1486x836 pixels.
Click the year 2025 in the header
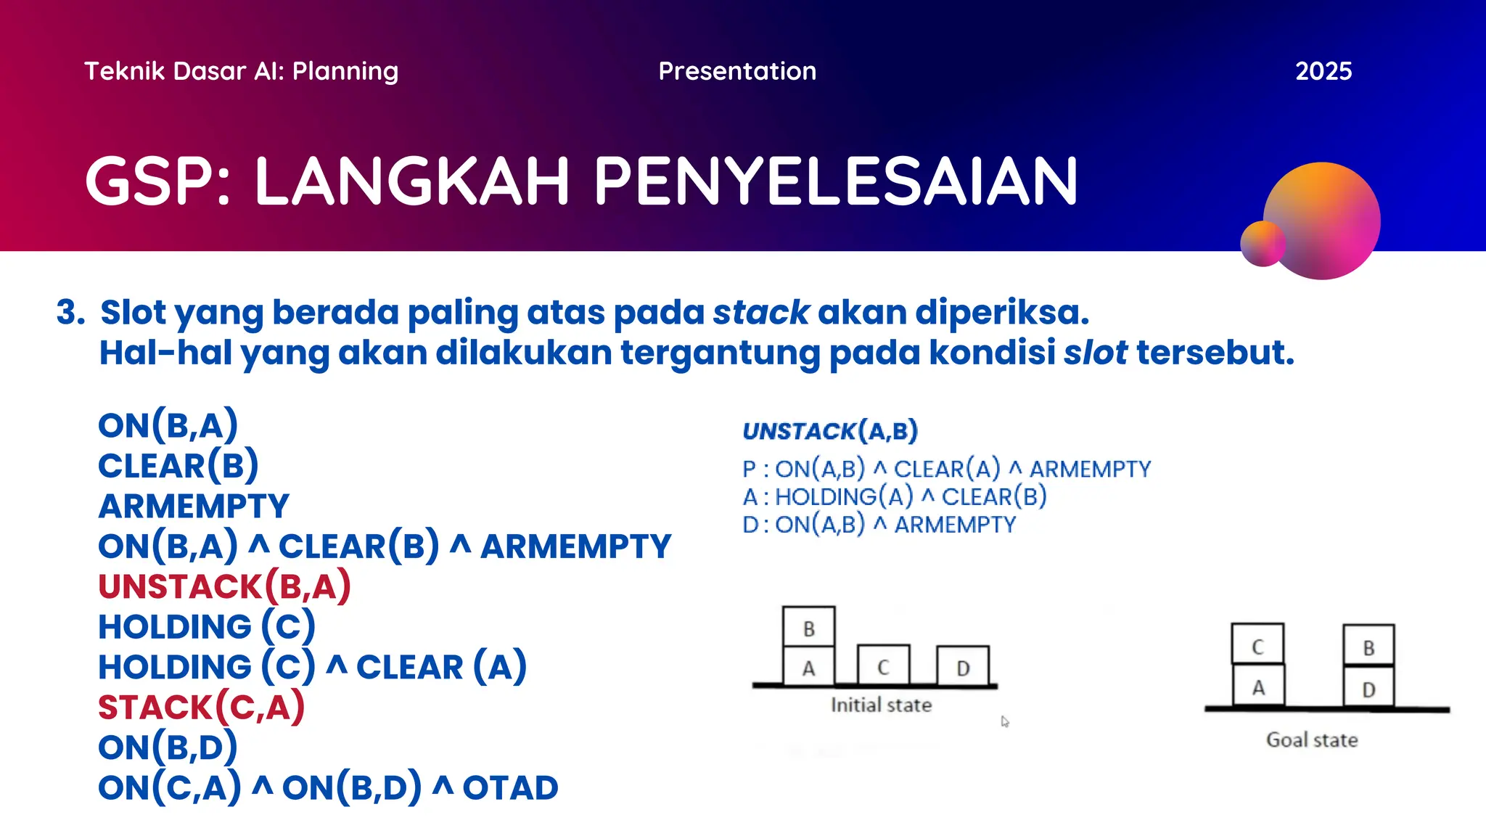click(1323, 71)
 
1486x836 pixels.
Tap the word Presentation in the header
click(736, 71)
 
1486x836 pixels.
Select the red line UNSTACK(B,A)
click(224, 586)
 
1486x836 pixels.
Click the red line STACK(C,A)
click(201, 707)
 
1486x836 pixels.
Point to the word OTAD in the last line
click(510, 788)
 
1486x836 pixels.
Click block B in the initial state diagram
click(808, 628)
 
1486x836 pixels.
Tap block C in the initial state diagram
click(883, 666)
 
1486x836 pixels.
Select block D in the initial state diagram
click(962, 667)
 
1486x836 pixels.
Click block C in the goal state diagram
click(1257, 645)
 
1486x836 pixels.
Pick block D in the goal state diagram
click(1368, 688)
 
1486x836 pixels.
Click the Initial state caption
click(880, 705)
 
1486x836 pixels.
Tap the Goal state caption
click(1311, 740)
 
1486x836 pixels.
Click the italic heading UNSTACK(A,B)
click(830, 431)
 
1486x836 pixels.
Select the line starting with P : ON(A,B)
click(946, 470)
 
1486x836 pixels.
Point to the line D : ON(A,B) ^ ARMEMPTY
click(879, 525)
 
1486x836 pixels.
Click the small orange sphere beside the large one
click(1263, 244)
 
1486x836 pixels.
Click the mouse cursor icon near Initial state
click(1004, 721)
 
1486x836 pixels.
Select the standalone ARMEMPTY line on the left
click(194, 506)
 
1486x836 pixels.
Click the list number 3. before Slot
click(70, 313)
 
